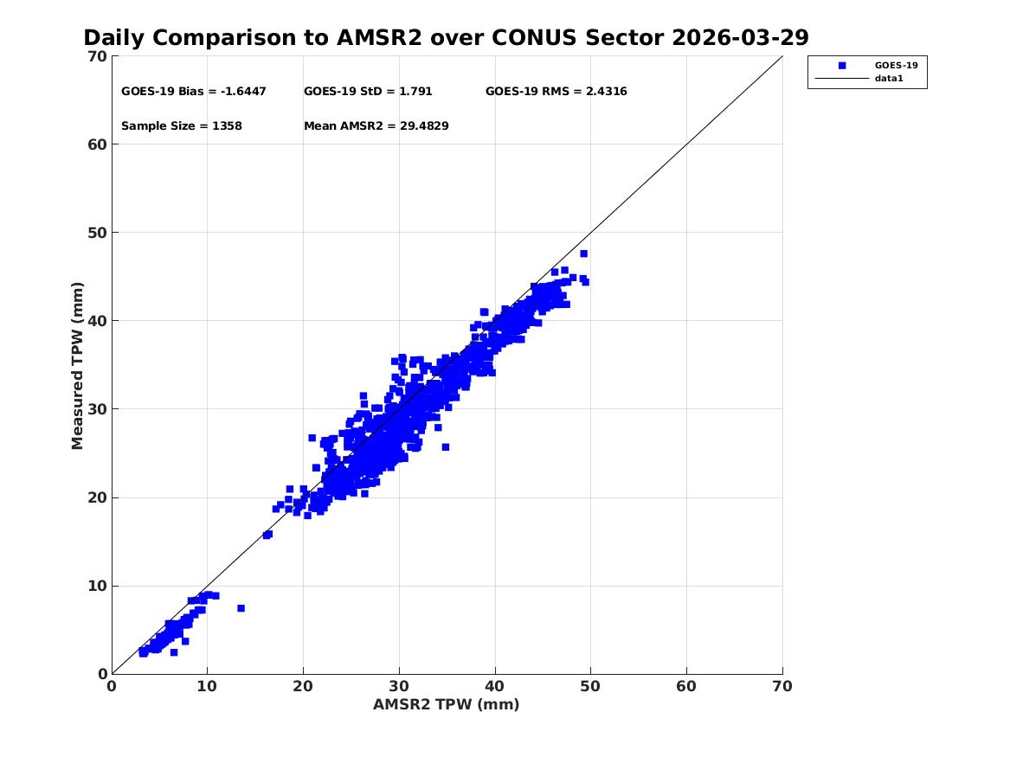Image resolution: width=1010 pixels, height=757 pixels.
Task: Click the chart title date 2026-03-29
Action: pyautogui.click(x=740, y=38)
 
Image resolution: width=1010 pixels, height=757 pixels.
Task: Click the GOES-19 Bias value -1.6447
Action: pyautogui.click(x=243, y=92)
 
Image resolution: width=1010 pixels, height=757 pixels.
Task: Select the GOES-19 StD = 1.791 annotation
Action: pyautogui.click(x=368, y=92)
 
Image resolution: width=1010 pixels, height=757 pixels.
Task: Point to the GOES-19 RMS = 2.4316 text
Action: pyautogui.click(x=556, y=92)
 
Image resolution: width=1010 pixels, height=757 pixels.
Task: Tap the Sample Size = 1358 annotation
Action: pyautogui.click(x=182, y=126)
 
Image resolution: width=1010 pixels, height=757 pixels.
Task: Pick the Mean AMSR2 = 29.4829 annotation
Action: pyautogui.click(x=376, y=126)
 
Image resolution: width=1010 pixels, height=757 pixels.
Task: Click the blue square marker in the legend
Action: pyautogui.click(x=842, y=66)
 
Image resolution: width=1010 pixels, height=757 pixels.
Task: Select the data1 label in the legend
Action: pyautogui.click(x=889, y=79)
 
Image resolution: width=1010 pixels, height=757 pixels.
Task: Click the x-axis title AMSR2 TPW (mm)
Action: pyautogui.click(x=447, y=704)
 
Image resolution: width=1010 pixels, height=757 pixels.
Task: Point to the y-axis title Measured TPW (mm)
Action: pyautogui.click(x=77, y=366)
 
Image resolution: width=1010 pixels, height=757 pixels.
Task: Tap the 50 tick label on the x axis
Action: pyautogui.click(x=590, y=686)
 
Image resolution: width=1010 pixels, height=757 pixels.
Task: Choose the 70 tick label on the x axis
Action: pyautogui.click(x=782, y=686)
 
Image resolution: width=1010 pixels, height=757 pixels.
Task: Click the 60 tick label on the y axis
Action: pyautogui.click(x=97, y=144)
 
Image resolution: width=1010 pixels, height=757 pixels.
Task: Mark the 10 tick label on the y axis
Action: pyautogui.click(x=97, y=586)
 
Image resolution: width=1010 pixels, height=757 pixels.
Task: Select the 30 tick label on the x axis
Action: pyautogui.click(x=399, y=686)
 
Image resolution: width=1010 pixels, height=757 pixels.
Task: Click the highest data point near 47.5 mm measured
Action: pyautogui.click(x=583, y=253)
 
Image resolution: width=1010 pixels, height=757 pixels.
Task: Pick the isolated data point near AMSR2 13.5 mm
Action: pyautogui.click(x=241, y=608)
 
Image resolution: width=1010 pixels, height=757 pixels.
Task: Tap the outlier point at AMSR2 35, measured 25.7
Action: pyautogui.click(x=445, y=446)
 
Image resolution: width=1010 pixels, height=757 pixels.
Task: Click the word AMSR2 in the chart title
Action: pyautogui.click(x=379, y=38)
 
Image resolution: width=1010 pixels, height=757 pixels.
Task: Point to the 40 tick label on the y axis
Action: pyautogui.click(x=97, y=321)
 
